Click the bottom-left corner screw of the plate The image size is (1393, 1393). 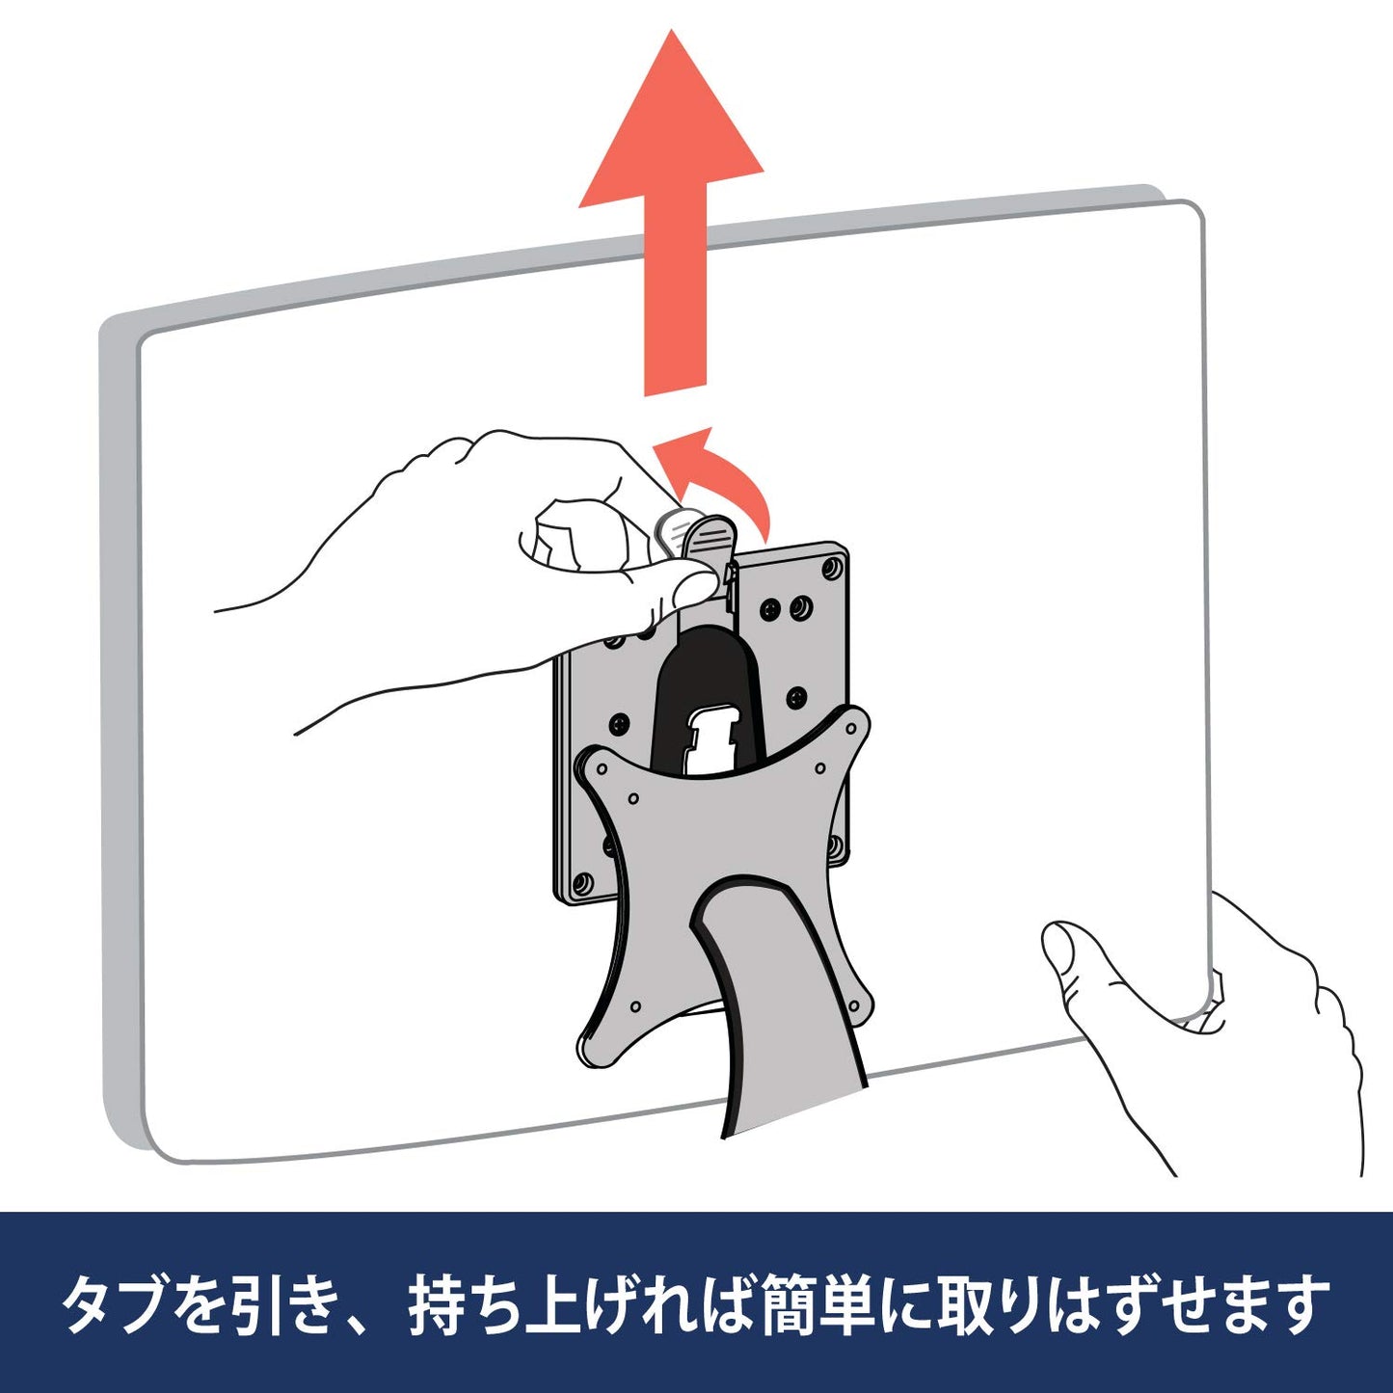(x=581, y=882)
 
